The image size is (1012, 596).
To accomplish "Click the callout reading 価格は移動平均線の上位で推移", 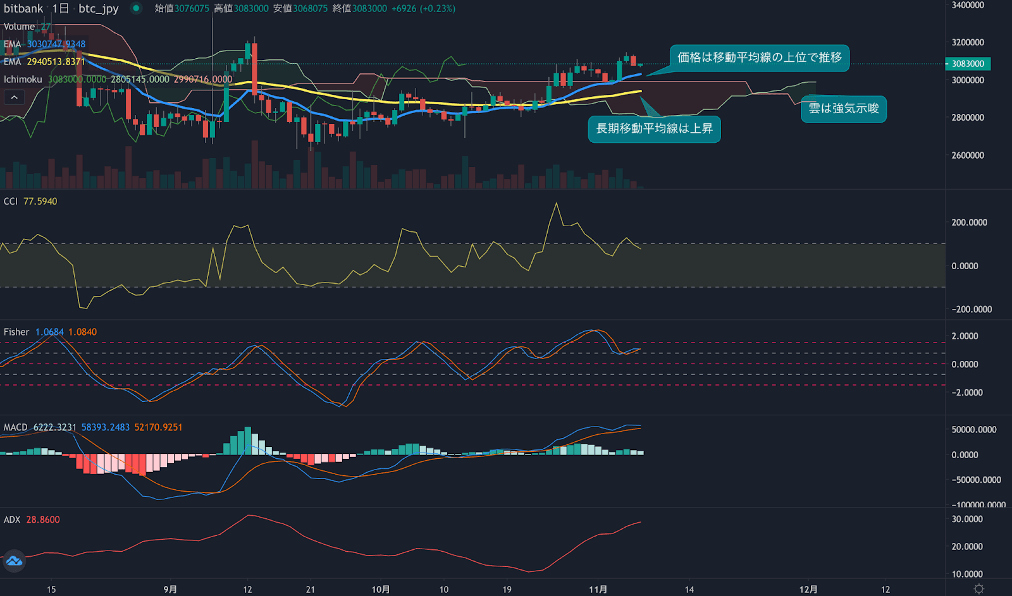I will [759, 58].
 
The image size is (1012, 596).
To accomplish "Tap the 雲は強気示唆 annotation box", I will [844, 109].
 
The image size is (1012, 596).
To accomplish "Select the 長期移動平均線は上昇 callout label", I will [654, 129].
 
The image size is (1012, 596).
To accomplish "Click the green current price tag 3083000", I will [968, 64].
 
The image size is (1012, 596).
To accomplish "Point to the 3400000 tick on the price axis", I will [968, 5].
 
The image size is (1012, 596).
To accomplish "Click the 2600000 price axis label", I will [968, 155].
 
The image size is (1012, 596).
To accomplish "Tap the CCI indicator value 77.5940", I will [40, 202].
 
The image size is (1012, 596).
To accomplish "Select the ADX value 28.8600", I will [43, 520].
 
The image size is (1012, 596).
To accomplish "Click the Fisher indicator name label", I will [16, 332].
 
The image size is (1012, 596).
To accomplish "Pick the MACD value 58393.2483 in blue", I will [105, 428].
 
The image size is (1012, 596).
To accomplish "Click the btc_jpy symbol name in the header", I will [99, 9].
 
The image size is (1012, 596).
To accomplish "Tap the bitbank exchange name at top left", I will [23, 9].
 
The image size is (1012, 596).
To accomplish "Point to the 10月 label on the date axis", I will [380, 590].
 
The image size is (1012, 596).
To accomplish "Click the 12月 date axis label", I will [808, 590].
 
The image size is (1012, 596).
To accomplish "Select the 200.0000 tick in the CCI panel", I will [969, 222].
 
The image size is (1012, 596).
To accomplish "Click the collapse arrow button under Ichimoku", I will [14, 97].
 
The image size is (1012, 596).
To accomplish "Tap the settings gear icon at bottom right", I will [978, 589].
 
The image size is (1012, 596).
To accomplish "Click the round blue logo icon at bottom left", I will [13, 561].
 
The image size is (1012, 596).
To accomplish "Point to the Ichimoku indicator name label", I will [23, 80].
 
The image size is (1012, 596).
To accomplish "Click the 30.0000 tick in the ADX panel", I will [967, 520].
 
